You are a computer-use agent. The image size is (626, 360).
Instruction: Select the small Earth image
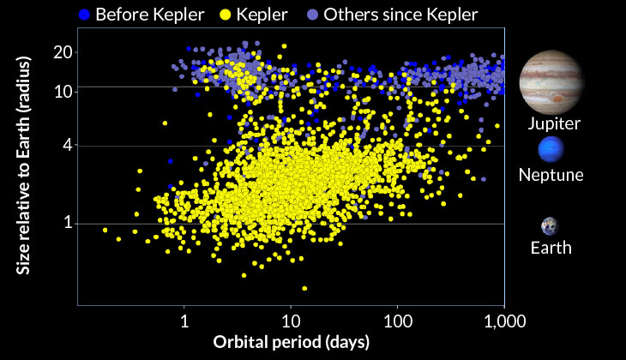pyautogui.click(x=550, y=226)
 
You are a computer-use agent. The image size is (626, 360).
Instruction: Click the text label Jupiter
pyautogui.click(x=554, y=123)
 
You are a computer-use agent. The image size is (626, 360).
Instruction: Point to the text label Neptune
pyautogui.click(x=551, y=176)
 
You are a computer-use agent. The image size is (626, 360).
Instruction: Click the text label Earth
pyautogui.click(x=551, y=249)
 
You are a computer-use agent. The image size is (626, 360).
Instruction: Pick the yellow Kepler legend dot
pyautogui.click(x=228, y=14)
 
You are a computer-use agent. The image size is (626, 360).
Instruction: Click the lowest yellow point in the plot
pyautogui.click(x=304, y=288)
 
